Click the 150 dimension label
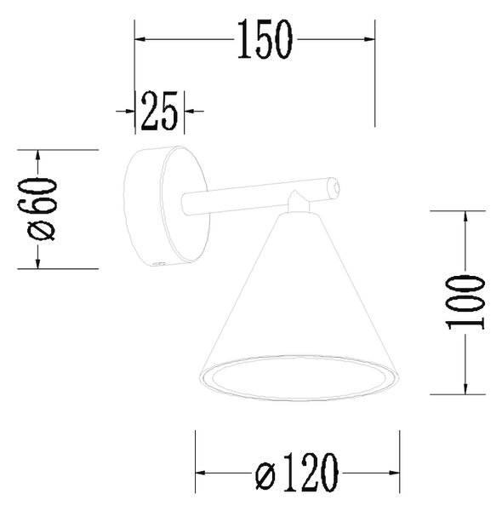265,39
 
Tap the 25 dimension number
159,111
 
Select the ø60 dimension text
42,209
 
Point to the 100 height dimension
465,302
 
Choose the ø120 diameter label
297,473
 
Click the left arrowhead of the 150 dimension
140,39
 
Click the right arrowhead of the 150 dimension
369,39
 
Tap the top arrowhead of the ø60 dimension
37,156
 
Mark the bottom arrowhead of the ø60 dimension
37,263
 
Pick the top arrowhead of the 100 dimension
465,216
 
